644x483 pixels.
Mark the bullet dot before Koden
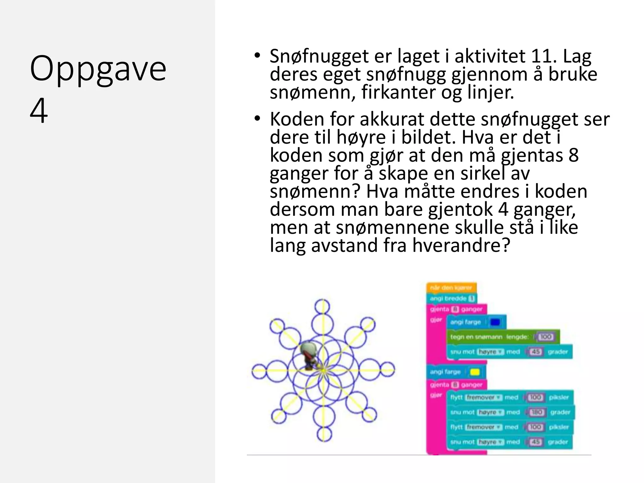click(258, 119)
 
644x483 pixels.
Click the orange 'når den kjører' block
click(451, 288)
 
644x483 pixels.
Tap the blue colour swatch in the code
click(495, 322)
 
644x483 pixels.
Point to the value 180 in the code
click(536, 412)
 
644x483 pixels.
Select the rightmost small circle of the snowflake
click(387, 370)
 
